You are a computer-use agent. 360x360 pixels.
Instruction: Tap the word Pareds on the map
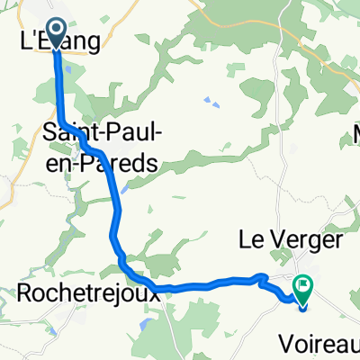point(125,163)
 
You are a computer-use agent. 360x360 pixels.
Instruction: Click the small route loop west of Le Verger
point(259,277)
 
